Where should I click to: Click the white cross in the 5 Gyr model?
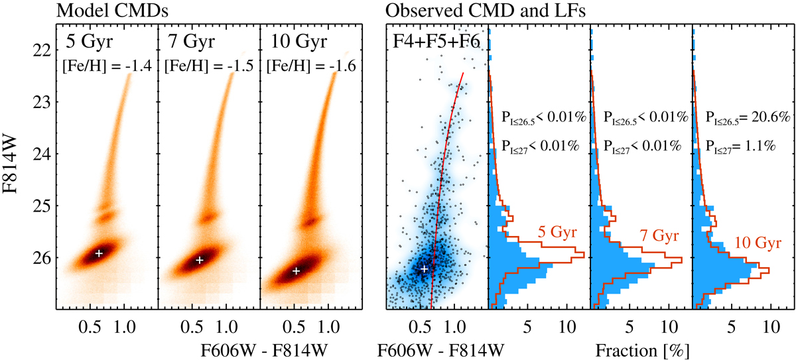click(x=99, y=253)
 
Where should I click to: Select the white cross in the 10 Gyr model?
click(x=297, y=271)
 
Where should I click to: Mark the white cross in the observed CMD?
click(x=425, y=269)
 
